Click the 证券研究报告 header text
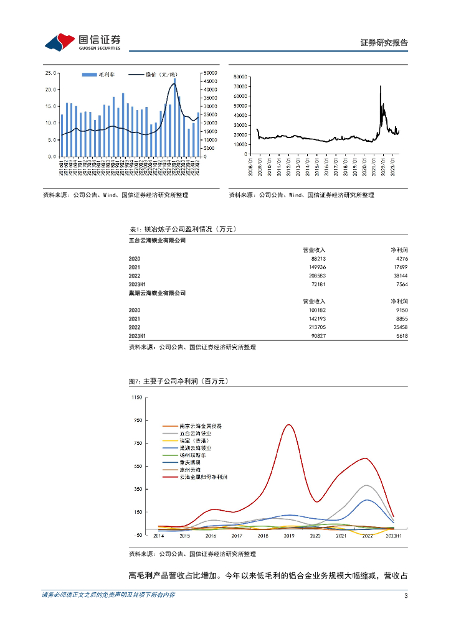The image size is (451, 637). click(384, 43)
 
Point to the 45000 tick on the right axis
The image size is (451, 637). click(208, 81)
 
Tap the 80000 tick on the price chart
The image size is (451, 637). click(240, 77)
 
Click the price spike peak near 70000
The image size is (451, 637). click(380, 86)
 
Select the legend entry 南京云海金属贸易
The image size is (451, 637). click(200, 426)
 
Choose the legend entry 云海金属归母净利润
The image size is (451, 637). click(203, 477)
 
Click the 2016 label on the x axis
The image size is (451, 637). click(211, 535)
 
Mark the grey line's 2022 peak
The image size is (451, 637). click(367, 485)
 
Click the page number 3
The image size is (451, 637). click(406, 596)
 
